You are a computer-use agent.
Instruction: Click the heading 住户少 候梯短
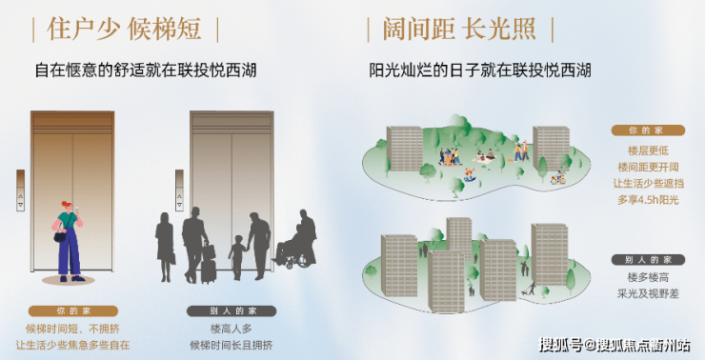(x=124, y=30)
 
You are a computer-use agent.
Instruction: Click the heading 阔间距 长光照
(x=459, y=30)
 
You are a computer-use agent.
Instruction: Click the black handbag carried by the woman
(x=60, y=236)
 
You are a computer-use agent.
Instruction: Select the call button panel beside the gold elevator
(x=20, y=190)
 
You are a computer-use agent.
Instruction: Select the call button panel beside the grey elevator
(x=179, y=190)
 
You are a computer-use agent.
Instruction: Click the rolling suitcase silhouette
(x=209, y=265)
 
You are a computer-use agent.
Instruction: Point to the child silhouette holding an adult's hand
(x=237, y=256)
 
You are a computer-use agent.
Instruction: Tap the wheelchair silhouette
(x=292, y=253)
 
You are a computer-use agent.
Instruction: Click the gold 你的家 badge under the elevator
(x=73, y=311)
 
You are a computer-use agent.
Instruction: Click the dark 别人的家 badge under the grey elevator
(x=232, y=311)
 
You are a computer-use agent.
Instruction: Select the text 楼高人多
(x=232, y=329)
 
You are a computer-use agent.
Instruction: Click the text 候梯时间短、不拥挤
(x=72, y=329)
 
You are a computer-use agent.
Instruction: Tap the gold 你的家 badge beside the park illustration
(x=648, y=130)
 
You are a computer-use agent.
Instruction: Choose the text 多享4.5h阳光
(x=648, y=200)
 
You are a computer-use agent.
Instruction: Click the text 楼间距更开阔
(x=648, y=168)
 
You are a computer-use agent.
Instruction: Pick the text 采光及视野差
(x=648, y=293)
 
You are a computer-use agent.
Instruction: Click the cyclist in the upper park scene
(x=558, y=177)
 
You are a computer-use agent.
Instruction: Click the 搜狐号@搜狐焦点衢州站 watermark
(x=615, y=345)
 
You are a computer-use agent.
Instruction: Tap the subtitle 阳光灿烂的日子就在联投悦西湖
(x=480, y=70)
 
